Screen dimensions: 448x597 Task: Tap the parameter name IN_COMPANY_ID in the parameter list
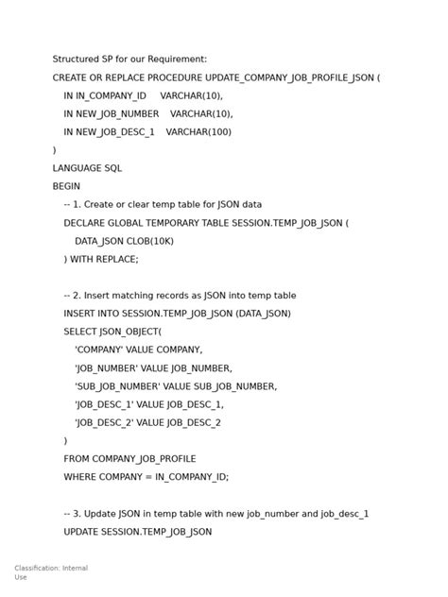pos(112,95)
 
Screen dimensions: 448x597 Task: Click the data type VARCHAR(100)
pos(198,132)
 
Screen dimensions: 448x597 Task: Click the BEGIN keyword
pos(66,186)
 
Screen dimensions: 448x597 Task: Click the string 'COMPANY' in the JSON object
pos(99,350)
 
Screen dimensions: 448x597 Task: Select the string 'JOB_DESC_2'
pos(105,422)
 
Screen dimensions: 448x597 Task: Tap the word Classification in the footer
pos(37,568)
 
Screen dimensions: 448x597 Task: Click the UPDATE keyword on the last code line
pos(82,532)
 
